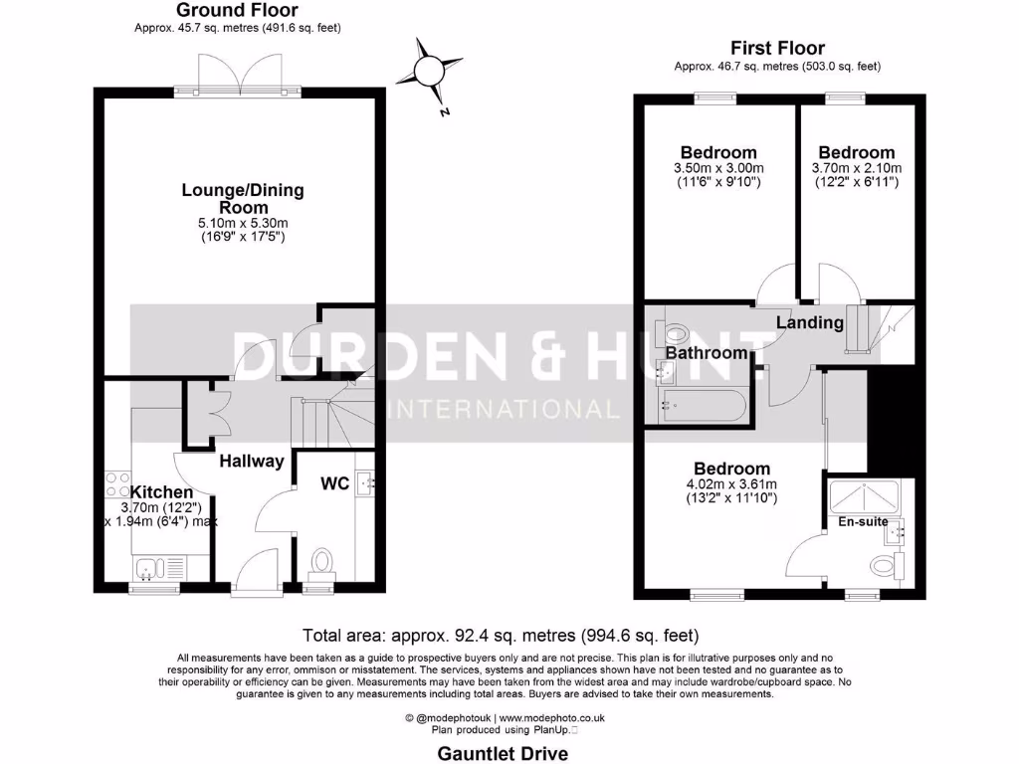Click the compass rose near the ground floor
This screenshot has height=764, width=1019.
(x=429, y=71)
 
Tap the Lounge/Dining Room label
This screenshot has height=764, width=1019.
(x=243, y=199)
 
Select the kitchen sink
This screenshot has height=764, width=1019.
(x=147, y=569)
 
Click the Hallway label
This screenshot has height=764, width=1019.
(x=252, y=461)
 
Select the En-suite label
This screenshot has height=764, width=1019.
(x=862, y=521)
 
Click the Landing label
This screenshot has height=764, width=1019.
(x=809, y=322)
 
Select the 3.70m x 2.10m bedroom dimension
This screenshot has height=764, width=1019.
(x=857, y=168)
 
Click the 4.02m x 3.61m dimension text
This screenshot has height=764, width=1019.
(x=731, y=484)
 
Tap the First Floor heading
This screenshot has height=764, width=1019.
(x=777, y=48)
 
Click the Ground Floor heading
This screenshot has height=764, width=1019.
(x=237, y=10)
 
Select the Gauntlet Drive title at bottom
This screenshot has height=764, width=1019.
(x=503, y=753)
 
